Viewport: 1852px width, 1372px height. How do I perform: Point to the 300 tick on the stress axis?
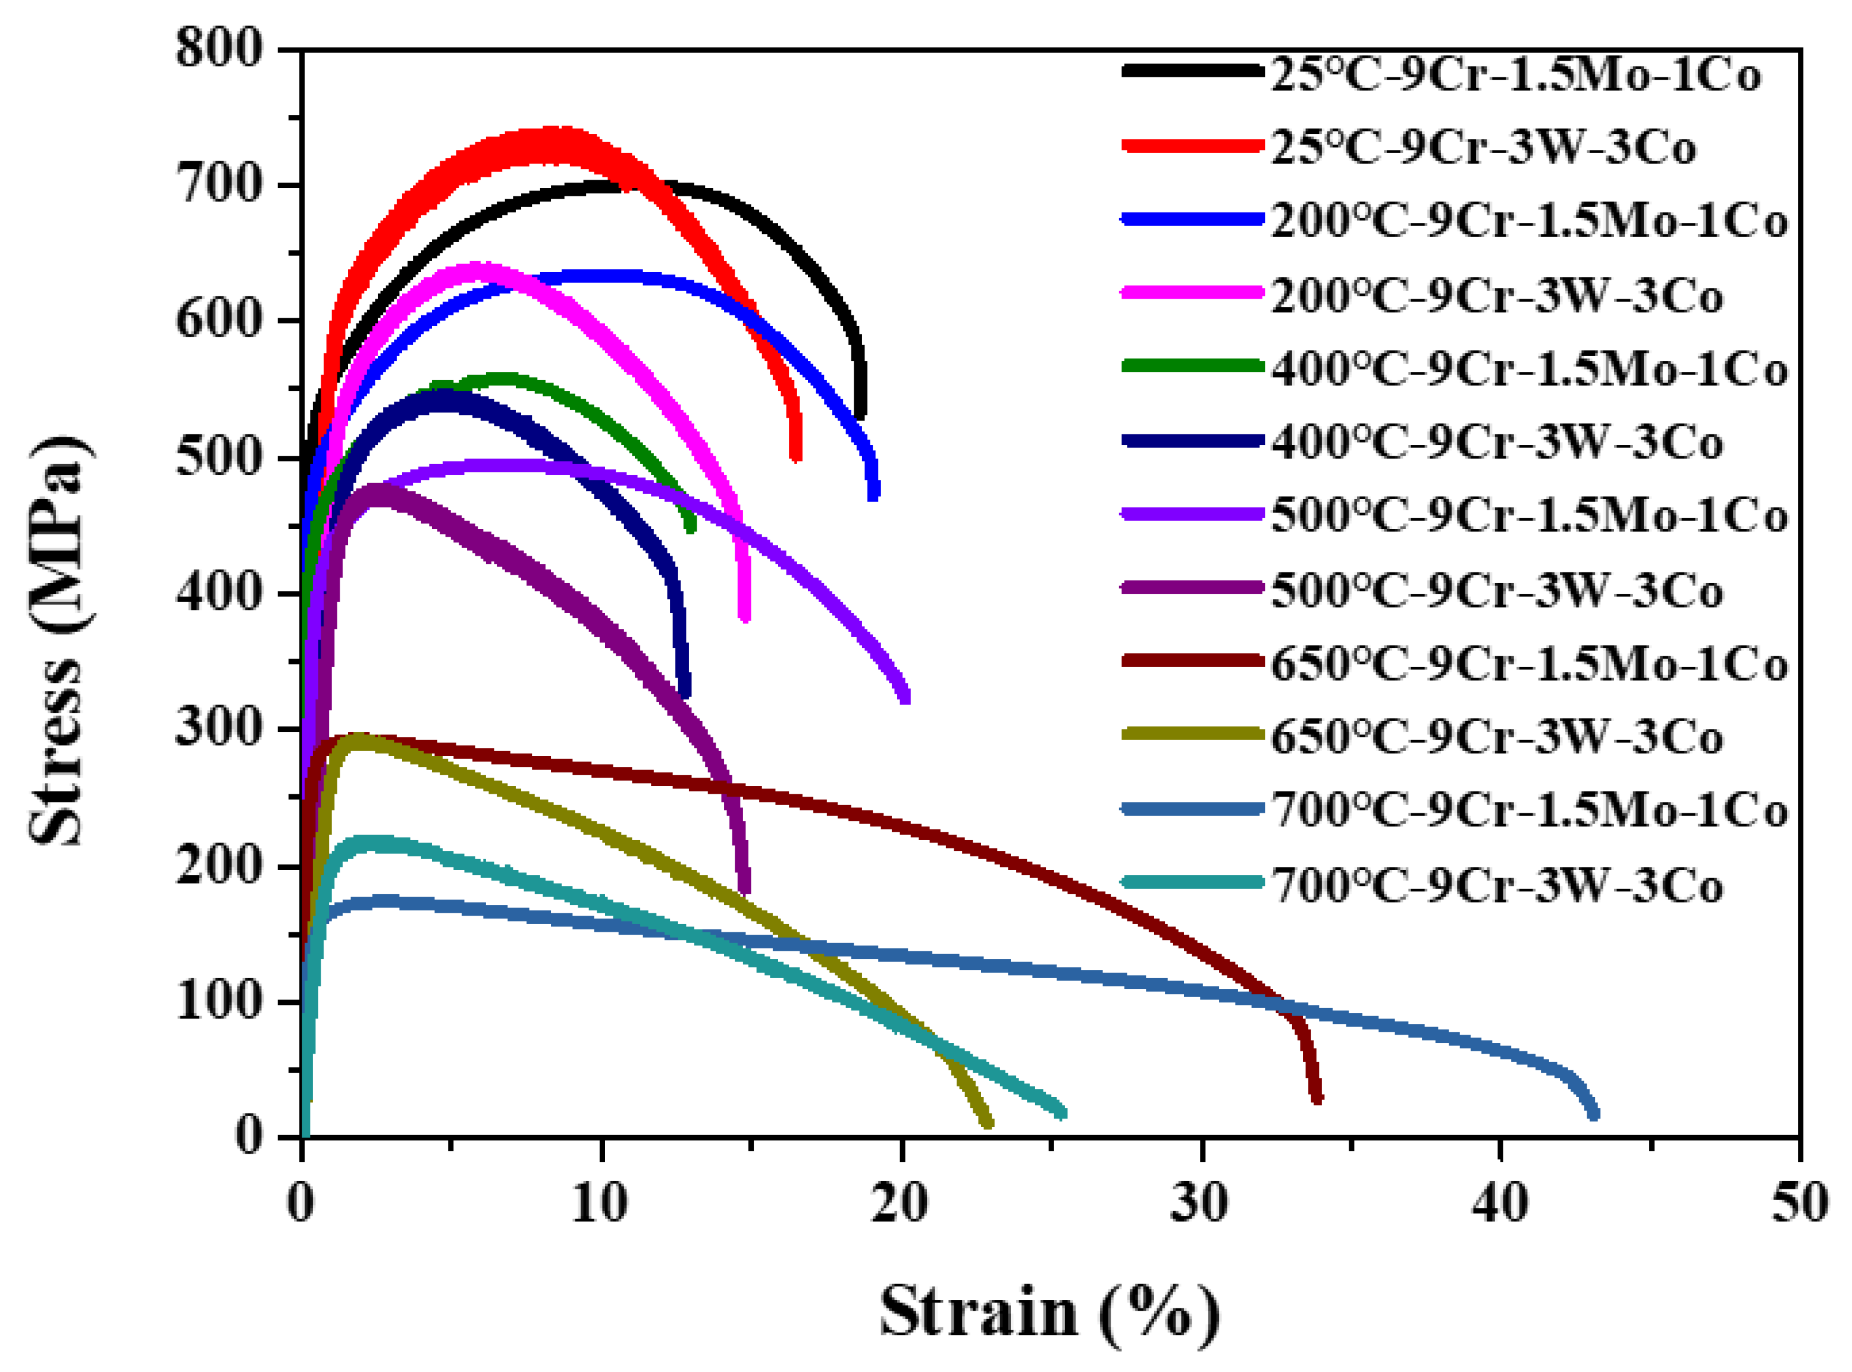[x=220, y=728]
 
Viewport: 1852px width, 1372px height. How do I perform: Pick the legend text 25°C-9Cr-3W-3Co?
[x=1483, y=148]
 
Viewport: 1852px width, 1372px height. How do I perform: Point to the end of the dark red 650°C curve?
[x=1317, y=1099]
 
